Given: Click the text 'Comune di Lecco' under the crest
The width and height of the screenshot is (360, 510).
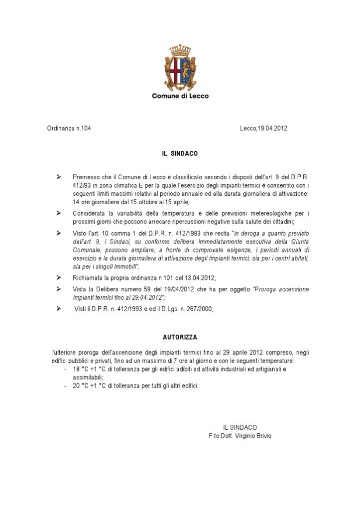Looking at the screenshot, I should [x=180, y=96].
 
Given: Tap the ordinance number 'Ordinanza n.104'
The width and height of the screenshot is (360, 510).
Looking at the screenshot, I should [x=69, y=128].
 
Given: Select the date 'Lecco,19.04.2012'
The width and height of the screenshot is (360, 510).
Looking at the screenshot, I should [x=263, y=128].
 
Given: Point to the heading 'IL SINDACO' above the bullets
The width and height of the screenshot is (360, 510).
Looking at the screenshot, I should [x=180, y=154].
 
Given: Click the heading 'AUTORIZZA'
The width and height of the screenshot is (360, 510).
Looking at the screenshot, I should [x=180, y=337].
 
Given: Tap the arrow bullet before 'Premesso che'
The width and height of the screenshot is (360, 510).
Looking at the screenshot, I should [x=59, y=177].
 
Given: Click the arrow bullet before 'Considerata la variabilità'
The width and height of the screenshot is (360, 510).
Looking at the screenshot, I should [x=59, y=213].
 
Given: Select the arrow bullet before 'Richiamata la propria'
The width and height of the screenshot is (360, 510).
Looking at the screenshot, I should [x=59, y=277].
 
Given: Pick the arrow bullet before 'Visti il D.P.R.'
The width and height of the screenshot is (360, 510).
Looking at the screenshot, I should [x=59, y=309].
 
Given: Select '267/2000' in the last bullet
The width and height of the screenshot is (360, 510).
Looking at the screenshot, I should [x=200, y=309].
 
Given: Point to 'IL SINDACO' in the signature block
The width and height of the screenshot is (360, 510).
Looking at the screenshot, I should [x=240, y=427].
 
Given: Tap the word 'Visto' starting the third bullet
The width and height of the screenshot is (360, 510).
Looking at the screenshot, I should [x=80, y=234].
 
